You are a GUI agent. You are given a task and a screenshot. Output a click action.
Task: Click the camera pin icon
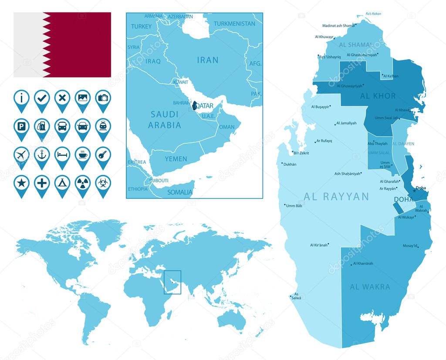(x=103, y=98)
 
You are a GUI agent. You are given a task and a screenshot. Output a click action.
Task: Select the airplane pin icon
(x=21, y=155)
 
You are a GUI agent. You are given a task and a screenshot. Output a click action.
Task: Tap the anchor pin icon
(x=42, y=155)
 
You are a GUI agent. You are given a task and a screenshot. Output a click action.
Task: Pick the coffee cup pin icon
(x=83, y=155)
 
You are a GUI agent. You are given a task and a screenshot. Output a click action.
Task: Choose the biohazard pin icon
(x=103, y=183)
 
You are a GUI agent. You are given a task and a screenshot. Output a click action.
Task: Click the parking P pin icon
(x=21, y=127)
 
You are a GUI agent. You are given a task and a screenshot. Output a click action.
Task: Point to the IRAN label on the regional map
(x=207, y=60)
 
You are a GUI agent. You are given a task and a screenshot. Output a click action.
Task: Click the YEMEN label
(x=176, y=159)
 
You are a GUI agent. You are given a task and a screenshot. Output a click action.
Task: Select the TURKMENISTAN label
(x=235, y=24)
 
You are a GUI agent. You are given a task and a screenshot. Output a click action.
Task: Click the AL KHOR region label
(x=378, y=96)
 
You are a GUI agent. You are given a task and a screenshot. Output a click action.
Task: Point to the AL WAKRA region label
(x=370, y=287)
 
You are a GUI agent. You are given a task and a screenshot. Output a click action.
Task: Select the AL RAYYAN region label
(x=336, y=197)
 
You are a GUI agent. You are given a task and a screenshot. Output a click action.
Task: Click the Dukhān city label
(x=290, y=165)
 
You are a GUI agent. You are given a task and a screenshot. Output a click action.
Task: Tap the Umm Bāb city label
(x=294, y=206)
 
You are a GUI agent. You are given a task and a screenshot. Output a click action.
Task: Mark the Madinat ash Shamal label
(x=338, y=26)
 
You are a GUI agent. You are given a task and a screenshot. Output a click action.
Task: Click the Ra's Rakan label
(x=373, y=14)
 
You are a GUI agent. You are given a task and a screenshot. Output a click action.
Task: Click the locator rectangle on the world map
(x=172, y=282)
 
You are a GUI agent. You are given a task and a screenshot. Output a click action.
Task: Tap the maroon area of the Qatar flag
(x=81, y=44)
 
